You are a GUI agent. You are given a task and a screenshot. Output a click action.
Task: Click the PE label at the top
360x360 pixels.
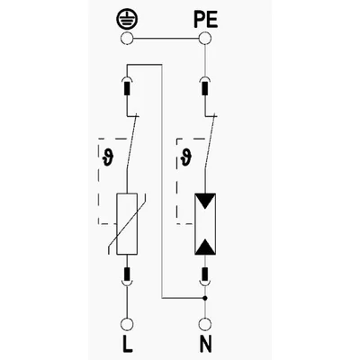pyautogui.click(x=205, y=21)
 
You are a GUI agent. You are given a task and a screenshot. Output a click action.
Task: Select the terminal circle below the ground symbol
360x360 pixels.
pyautogui.click(x=127, y=39)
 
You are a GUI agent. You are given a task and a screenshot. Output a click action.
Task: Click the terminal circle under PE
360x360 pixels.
pyautogui.click(x=205, y=39)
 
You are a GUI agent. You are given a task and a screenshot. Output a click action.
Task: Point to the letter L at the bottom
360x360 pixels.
pyautogui.click(x=128, y=344)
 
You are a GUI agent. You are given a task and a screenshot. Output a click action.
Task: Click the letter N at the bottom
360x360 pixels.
pyautogui.click(x=205, y=344)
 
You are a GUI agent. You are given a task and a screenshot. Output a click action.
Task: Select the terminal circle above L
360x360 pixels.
pyautogui.click(x=127, y=325)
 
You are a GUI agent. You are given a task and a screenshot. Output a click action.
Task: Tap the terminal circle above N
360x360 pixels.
pyautogui.click(x=205, y=325)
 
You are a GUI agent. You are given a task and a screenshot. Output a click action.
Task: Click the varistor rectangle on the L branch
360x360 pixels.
pyautogui.click(x=127, y=224)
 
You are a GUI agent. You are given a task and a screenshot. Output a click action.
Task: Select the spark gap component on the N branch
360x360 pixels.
pyautogui.click(x=205, y=224)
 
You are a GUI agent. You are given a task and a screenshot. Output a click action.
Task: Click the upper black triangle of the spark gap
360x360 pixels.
pyautogui.click(x=205, y=201)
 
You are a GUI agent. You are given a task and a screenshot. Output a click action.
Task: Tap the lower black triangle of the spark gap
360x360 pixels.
pyautogui.click(x=205, y=247)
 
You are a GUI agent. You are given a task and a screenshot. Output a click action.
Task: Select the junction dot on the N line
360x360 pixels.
pyautogui.click(x=205, y=298)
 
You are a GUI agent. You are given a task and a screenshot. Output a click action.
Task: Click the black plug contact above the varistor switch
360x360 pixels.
pyautogui.click(x=127, y=88)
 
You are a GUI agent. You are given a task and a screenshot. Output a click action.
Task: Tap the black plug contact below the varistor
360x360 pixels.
pyautogui.click(x=127, y=273)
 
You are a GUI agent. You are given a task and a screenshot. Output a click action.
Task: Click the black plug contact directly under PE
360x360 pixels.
pyautogui.click(x=205, y=88)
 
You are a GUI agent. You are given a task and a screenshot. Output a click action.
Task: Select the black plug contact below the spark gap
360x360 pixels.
pyautogui.click(x=205, y=273)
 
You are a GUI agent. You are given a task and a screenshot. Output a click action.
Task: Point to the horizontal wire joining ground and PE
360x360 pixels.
pyautogui.click(x=166, y=39)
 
